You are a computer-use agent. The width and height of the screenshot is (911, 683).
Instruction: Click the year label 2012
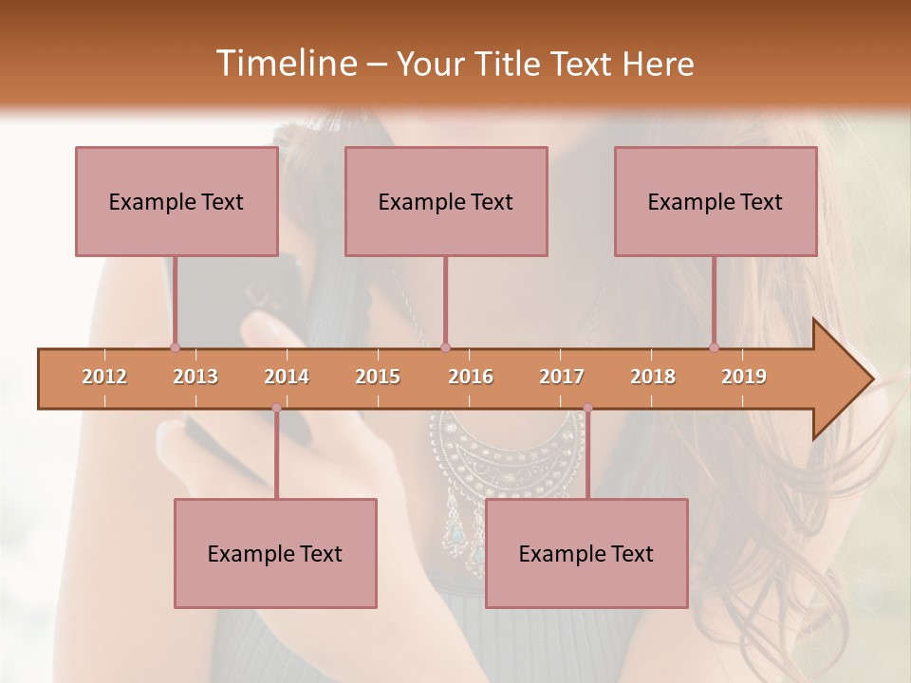tap(104, 378)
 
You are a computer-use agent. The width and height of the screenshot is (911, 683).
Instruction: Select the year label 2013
tap(195, 378)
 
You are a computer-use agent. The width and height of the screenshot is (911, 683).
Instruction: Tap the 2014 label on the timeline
tap(287, 378)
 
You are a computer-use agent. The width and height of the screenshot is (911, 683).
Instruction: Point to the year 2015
tap(378, 378)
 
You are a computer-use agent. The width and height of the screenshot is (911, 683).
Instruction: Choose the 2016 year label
tap(471, 378)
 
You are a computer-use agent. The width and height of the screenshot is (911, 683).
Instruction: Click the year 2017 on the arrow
tap(562, 378)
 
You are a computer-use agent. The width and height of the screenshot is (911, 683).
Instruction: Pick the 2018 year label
tap(653, 378)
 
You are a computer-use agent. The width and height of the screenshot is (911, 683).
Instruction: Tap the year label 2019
tap(744, 378)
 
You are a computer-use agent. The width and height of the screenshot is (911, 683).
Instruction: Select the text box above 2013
tap(177, 202)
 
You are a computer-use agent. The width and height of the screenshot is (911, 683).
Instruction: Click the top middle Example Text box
tap(446, 202)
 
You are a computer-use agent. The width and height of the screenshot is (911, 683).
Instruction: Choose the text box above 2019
tap(716, 202)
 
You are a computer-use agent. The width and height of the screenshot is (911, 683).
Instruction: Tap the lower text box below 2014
tap(275, 554)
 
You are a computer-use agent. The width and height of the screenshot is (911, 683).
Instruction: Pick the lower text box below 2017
tap(586, 554)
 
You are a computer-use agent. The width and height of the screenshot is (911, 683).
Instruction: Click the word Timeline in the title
tap(285, 64)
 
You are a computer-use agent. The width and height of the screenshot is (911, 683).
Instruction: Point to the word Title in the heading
tap(513, 65)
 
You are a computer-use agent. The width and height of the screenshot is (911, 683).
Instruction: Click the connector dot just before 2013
tap(175, 347)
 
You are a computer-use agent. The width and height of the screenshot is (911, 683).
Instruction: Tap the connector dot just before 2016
tap(446, 347)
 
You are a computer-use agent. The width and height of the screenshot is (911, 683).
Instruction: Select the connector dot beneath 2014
tap(276, 408)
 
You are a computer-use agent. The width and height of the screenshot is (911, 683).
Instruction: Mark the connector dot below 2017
tap(587, 408)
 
